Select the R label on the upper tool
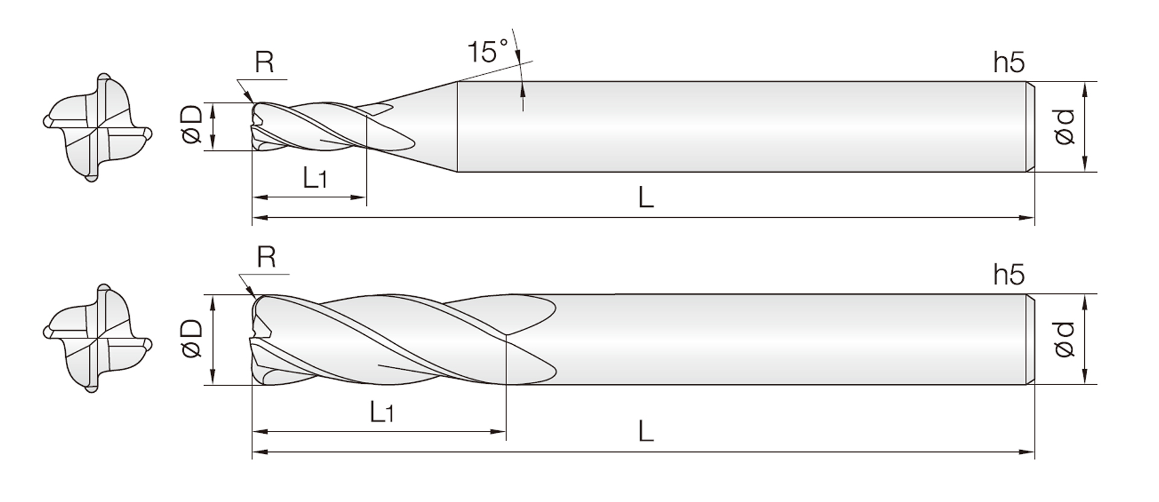(x=264, y=62)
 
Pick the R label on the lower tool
(x=266, y=257)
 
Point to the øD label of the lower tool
(x=191, y=338)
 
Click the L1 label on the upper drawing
(x=314, y=177)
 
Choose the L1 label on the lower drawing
(x=382, y=412)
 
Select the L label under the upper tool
(x=646, y=197)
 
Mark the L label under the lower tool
(x=646, y=431)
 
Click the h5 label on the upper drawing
(x=1009, y=62)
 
